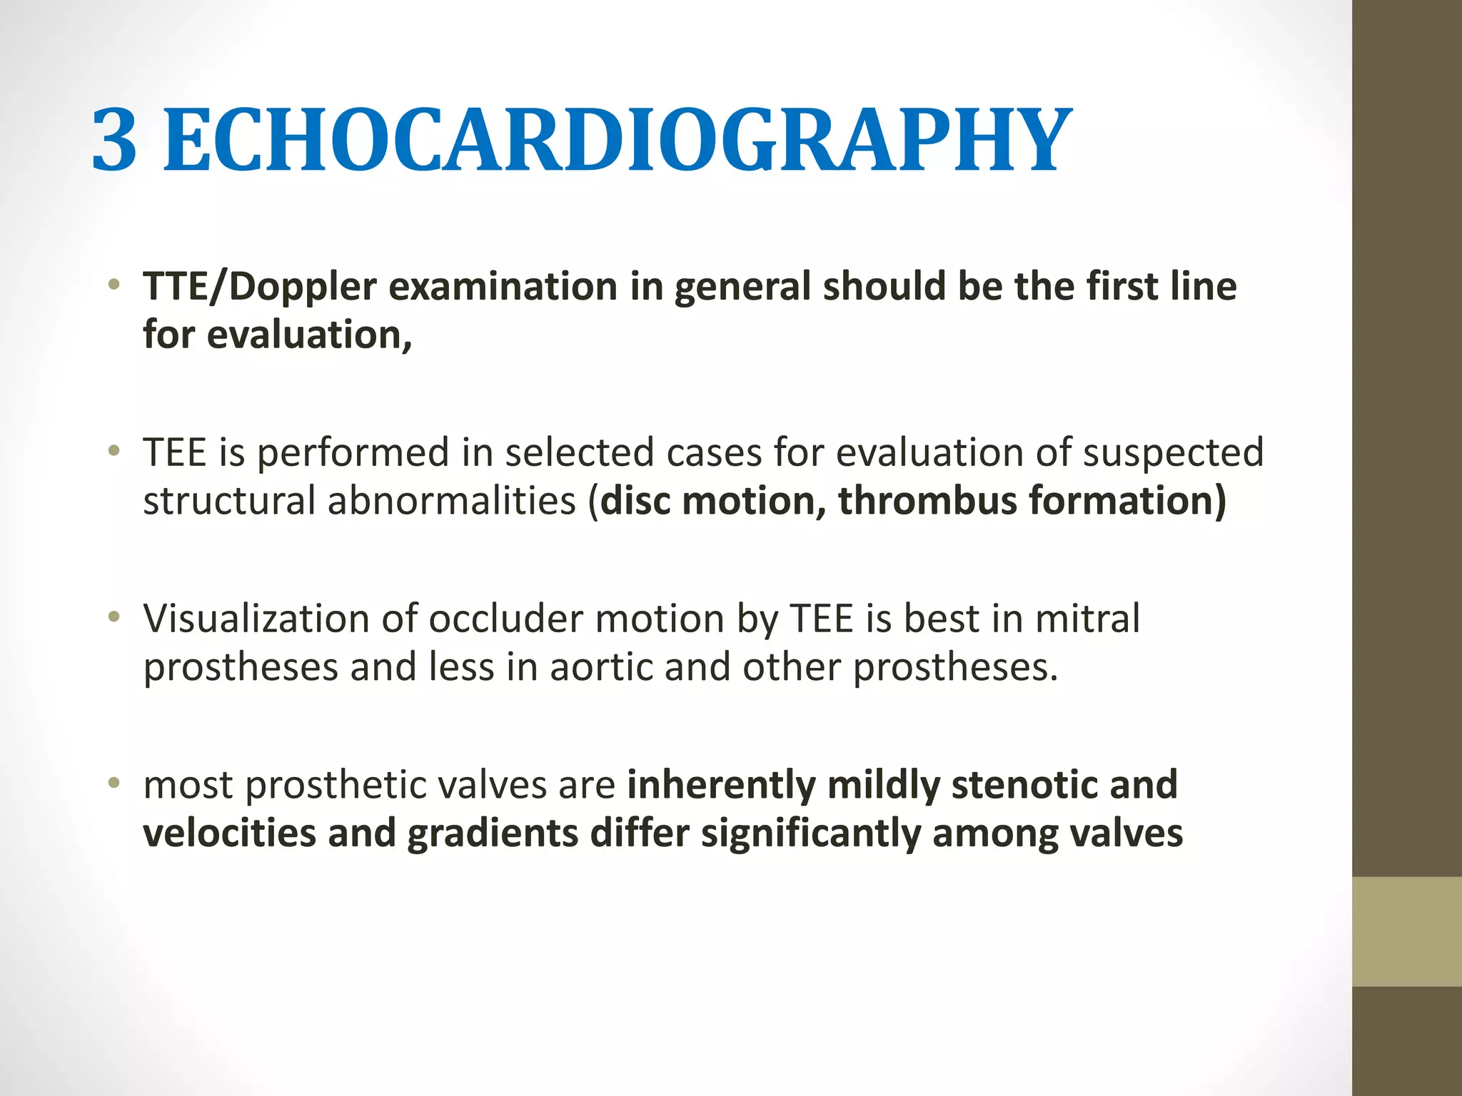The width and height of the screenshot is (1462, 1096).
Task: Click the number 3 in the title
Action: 114,140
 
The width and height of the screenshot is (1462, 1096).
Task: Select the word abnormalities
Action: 452,501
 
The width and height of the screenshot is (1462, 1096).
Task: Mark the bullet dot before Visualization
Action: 113,618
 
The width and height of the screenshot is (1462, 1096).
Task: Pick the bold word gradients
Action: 492,833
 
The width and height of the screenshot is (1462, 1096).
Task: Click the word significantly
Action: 811,833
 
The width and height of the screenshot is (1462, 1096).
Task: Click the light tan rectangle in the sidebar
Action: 1407,932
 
